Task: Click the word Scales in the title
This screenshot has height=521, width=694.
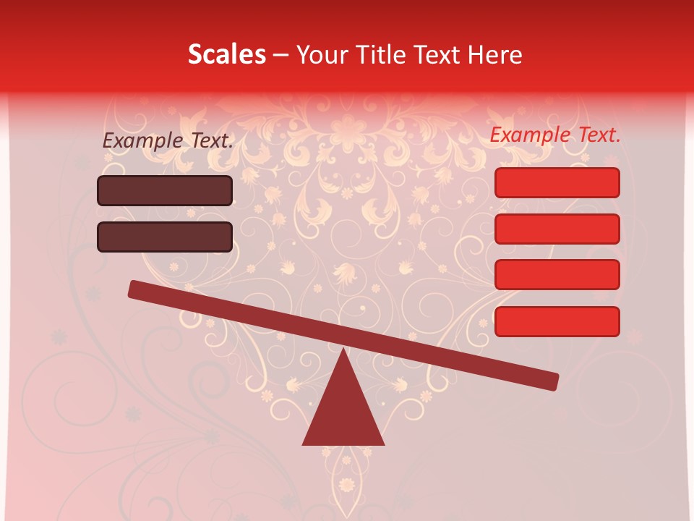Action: (226, 54)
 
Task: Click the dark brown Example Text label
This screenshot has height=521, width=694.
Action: (168, 140)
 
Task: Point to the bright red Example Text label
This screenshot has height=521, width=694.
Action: (555, 135)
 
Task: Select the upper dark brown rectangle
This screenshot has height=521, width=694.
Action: (165, 190)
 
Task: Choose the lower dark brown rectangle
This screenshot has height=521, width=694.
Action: (165, 237)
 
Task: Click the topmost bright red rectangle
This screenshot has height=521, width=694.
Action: (557, 182)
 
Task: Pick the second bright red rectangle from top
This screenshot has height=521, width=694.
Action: (557, 229)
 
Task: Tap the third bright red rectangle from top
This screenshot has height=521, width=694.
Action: (557, 274)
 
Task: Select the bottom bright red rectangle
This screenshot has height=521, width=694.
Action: (557, 321)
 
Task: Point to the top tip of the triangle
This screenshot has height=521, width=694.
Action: (343, 350)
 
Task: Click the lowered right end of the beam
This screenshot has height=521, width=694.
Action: (552, 381)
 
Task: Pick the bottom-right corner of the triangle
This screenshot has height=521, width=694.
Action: (383, 444)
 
